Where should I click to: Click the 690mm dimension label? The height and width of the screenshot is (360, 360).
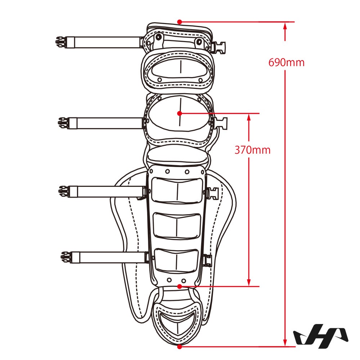[x=286, y=62]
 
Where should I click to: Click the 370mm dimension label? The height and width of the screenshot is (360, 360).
[x=252, y=150]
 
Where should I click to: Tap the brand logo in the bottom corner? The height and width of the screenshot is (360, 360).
[x=321, y=336]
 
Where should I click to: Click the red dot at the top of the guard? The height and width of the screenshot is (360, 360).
[x=180, y=22]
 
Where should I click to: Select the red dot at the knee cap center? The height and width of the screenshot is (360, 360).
[x=180, y=113]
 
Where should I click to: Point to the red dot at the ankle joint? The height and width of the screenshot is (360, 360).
[x=180, y=286]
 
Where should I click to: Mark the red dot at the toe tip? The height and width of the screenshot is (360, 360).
[x=180, y=346]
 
